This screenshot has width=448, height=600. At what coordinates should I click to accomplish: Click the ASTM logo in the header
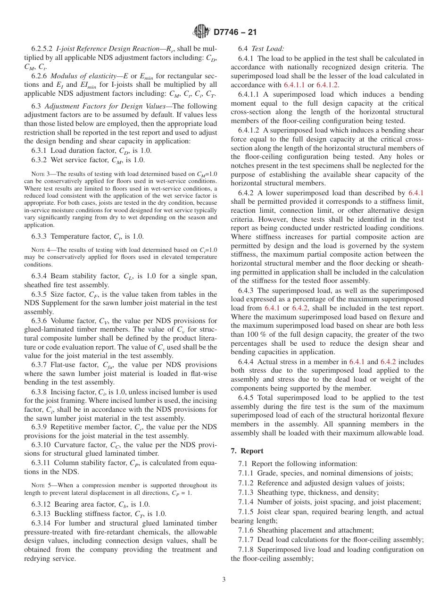tap(201, 33)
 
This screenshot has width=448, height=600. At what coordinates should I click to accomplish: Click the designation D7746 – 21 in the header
tap(235, 33)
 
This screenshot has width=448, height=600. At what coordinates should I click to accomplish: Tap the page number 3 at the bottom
tap(224, 579)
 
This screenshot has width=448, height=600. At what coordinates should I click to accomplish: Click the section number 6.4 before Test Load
tap(243, 49)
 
